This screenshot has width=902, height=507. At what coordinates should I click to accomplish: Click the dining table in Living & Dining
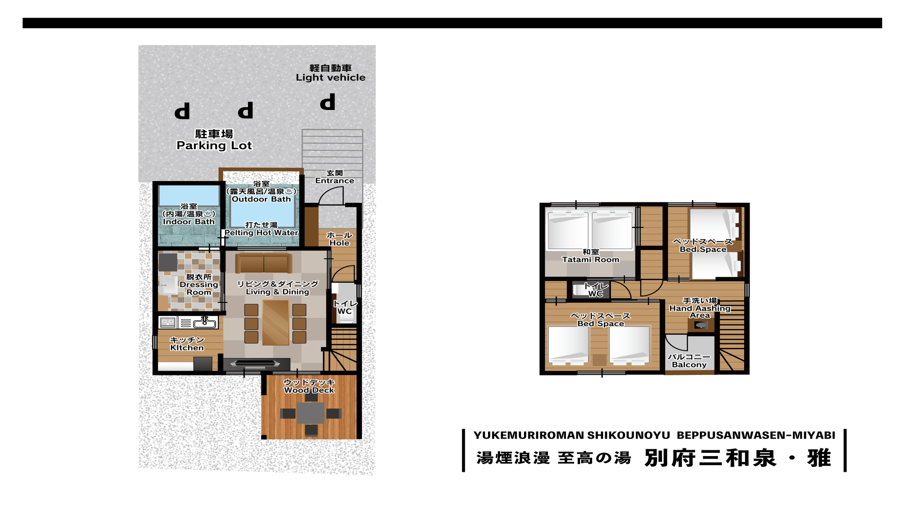pyautogui.click(x=276, y=322)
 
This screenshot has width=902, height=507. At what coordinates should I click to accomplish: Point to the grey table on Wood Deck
pyautogui.click(x=311, y=413)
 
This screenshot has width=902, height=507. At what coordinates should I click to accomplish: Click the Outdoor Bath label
pyautogui.click(x=261, y=199)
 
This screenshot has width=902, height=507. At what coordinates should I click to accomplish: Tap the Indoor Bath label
pyautogui.click(x=189, y=222)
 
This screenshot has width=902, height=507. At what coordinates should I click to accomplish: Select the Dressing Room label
pyautogui.click(x=199, y=285)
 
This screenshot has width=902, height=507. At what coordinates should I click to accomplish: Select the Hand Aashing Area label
pyautogui.click(x=700, y=308)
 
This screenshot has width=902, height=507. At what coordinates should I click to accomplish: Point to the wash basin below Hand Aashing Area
pyautogui.click(x=701, y=325)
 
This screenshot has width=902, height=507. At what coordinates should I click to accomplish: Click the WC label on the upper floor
pyautogui.click(x=595, y=294)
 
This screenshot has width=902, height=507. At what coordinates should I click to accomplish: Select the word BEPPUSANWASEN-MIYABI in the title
pyautogui.click(x=756, y=435)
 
